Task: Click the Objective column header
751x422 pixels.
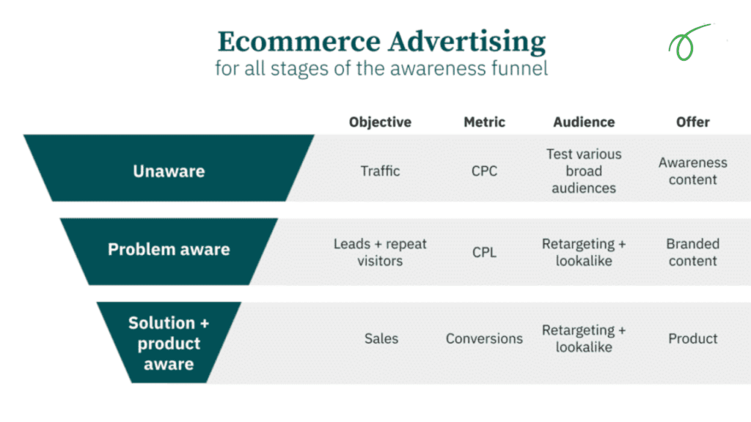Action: tap(380, 122)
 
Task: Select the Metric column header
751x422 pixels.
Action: tap(484, 122)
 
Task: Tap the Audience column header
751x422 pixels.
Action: tap(584, 122)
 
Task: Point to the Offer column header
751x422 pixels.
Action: tap(692, 122)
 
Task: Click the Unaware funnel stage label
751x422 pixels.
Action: tap(169, 171)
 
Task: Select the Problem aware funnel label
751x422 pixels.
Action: tap(169, 250)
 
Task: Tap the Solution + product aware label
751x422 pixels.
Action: tap(169, 343)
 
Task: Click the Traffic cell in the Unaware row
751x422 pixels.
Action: tap(380, 171)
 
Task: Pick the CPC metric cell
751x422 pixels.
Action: tap(484, 171)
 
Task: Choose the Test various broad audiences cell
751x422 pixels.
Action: tap(584, 171)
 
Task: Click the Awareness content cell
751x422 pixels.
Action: tap(692, 171)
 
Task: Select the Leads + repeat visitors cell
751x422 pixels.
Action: tap(380, 252)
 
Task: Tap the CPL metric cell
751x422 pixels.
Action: tap(484, 253)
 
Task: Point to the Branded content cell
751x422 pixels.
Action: tap(692, 252)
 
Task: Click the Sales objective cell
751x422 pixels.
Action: tap(381, 338)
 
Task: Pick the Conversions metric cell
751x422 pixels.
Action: tap(484, 338)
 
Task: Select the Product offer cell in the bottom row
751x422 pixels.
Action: tap(692, 338)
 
